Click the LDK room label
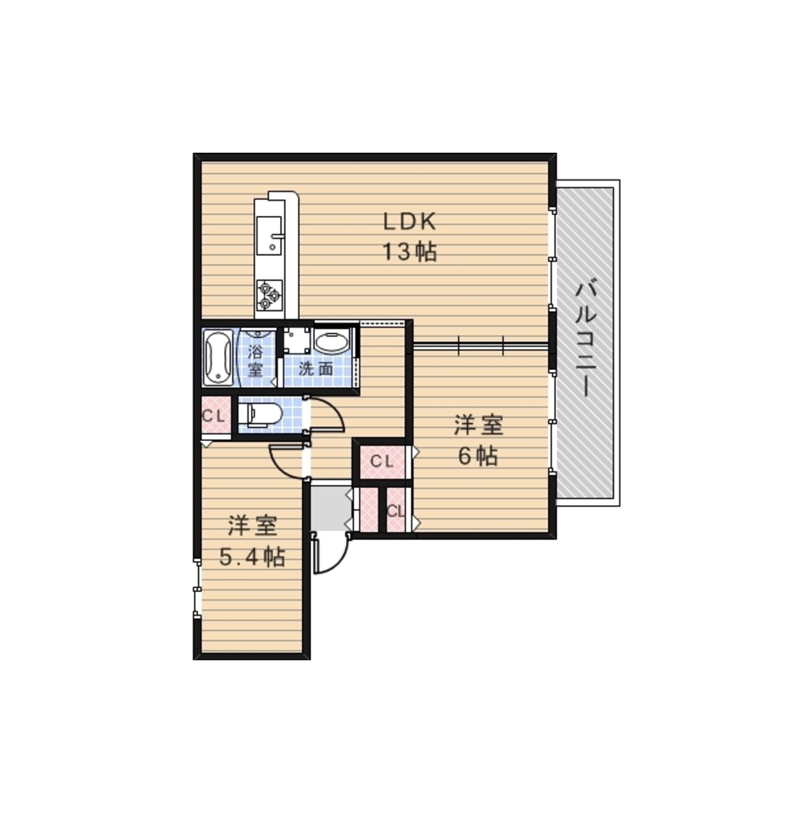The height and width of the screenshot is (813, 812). point(409,222)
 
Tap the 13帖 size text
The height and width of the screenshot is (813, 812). point(409,252)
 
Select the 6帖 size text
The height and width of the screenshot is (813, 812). point(477,456)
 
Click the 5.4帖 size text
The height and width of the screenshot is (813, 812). point(252,557)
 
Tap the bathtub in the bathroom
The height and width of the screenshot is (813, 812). point(218,357)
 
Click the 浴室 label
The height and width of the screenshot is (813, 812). point(255,361)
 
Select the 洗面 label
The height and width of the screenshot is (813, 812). point(315,369)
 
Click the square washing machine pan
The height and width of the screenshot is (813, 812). point(296,340)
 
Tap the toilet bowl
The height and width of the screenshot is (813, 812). point(261,415)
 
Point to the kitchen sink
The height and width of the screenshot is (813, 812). point(269,236)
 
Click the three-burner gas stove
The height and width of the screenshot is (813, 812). point(270,295)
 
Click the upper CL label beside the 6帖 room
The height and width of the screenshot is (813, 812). point(382,461)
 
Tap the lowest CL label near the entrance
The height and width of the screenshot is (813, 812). point(395,511)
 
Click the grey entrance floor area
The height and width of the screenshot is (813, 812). point(330,508)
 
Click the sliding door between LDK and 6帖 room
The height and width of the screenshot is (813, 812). point(481,345)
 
